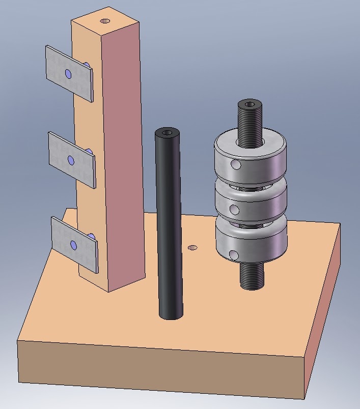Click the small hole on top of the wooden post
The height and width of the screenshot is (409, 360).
tap(105, 21)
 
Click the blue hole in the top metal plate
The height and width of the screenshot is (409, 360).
tap(68, 75)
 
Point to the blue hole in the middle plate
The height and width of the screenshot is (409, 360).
tap(70, 161)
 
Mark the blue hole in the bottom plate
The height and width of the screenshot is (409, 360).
tap(74, 246)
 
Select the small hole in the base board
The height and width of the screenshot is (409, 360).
tap(192, 248)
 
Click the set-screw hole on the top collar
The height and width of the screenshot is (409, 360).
tap(235, 165)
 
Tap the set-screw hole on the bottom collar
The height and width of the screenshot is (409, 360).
tap(234, 254)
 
